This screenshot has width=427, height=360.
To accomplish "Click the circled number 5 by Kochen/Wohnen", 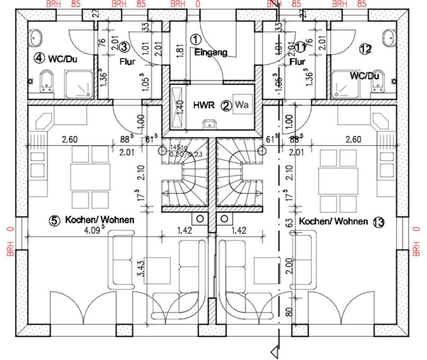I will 55,220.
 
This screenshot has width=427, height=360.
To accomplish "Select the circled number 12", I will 365,48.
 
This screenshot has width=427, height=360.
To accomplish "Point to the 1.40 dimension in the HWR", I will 179,105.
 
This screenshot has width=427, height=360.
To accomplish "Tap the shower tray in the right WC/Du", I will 346,85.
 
